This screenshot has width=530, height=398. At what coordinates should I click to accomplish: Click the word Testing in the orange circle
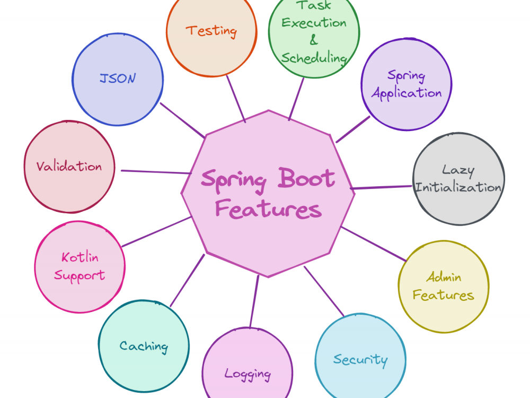(211, 31)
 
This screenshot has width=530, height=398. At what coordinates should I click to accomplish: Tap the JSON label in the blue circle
(118, 78)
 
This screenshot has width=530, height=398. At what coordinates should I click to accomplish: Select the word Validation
(69, 166)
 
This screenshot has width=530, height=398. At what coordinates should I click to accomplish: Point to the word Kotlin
(80, 257)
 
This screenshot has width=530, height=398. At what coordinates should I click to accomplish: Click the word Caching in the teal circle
(144, 347)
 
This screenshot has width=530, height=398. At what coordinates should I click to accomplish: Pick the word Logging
(248, 374)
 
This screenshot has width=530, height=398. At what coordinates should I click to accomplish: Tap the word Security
(360, 360)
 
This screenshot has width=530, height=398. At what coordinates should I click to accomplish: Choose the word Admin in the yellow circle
(444, 277)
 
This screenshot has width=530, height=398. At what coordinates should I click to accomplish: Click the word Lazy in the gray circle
(458, 170)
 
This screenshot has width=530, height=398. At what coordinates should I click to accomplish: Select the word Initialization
(458, 187)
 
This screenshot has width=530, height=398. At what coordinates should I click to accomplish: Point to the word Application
(407, 93)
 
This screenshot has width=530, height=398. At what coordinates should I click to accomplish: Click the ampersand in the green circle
(314, 40)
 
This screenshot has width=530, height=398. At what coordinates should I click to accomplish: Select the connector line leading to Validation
(156, 172)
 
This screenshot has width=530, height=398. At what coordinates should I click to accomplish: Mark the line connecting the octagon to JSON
(182, 120)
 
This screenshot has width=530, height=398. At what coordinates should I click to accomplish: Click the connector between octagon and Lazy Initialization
(381, 187)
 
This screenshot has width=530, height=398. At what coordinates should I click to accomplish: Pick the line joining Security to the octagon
(324, 291)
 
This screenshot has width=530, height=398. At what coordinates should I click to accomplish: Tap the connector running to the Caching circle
(187, 281)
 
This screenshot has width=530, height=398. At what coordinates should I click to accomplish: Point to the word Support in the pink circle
(80, 275)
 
